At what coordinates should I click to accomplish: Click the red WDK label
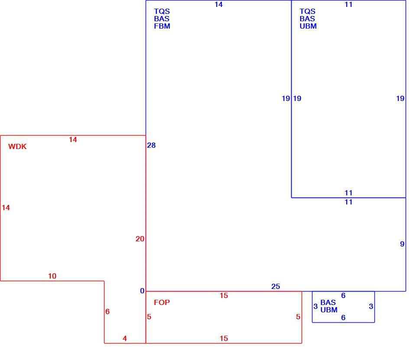click(17, 146)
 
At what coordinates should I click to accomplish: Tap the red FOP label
click(162, 302)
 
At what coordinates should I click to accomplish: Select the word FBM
click(162, 26)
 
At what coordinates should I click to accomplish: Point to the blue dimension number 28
click(152, 145)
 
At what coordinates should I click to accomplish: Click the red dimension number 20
click(140, 239)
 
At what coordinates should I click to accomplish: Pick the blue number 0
click(142, 291)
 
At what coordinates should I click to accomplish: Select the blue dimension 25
click(276, 286)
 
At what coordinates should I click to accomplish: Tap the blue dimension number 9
click(402, 244)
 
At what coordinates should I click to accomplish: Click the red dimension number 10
click(52, 276)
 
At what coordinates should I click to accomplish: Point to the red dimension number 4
click(125, 338)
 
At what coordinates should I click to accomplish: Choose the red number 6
click(107, 311)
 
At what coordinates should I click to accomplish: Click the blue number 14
click(218, 4)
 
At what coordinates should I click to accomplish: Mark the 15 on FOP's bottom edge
click(224, 338)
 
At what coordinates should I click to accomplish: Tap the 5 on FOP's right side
click(298, 317)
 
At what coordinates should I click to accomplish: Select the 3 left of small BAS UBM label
click(315, 306)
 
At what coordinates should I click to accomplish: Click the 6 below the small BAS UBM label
click(343, 318)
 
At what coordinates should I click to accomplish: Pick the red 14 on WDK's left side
click(6, 208)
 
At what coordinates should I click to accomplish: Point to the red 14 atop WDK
click(73, 139)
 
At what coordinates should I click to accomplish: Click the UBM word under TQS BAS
click(308, 26)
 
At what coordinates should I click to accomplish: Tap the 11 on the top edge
click(348, 4)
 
